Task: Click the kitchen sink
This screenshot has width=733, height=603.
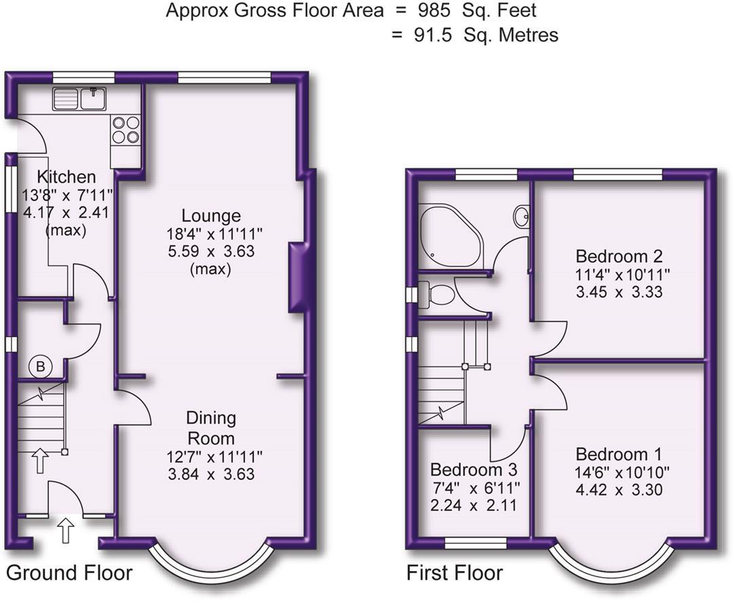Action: [79, 98]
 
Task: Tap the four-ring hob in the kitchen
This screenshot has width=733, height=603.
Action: [126, 130]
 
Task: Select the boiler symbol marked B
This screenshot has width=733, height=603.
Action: [41, 367]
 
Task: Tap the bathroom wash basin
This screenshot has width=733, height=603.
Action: [521, 217]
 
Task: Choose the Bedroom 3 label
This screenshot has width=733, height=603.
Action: [474, 469]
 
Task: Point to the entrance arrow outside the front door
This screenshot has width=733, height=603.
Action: [65, 531]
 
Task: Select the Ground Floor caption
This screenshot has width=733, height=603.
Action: [69, 572]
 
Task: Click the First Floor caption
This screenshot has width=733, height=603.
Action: [454, 572]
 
